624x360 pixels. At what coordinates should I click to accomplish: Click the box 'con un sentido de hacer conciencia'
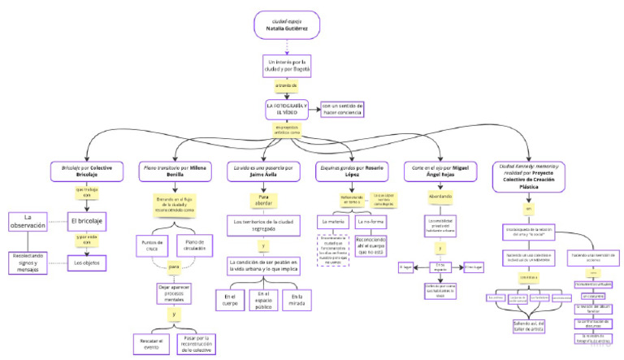(342, 109)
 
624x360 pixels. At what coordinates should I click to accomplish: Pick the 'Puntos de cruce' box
(153, 245)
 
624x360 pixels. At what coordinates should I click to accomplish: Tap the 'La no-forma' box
(372, 220)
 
